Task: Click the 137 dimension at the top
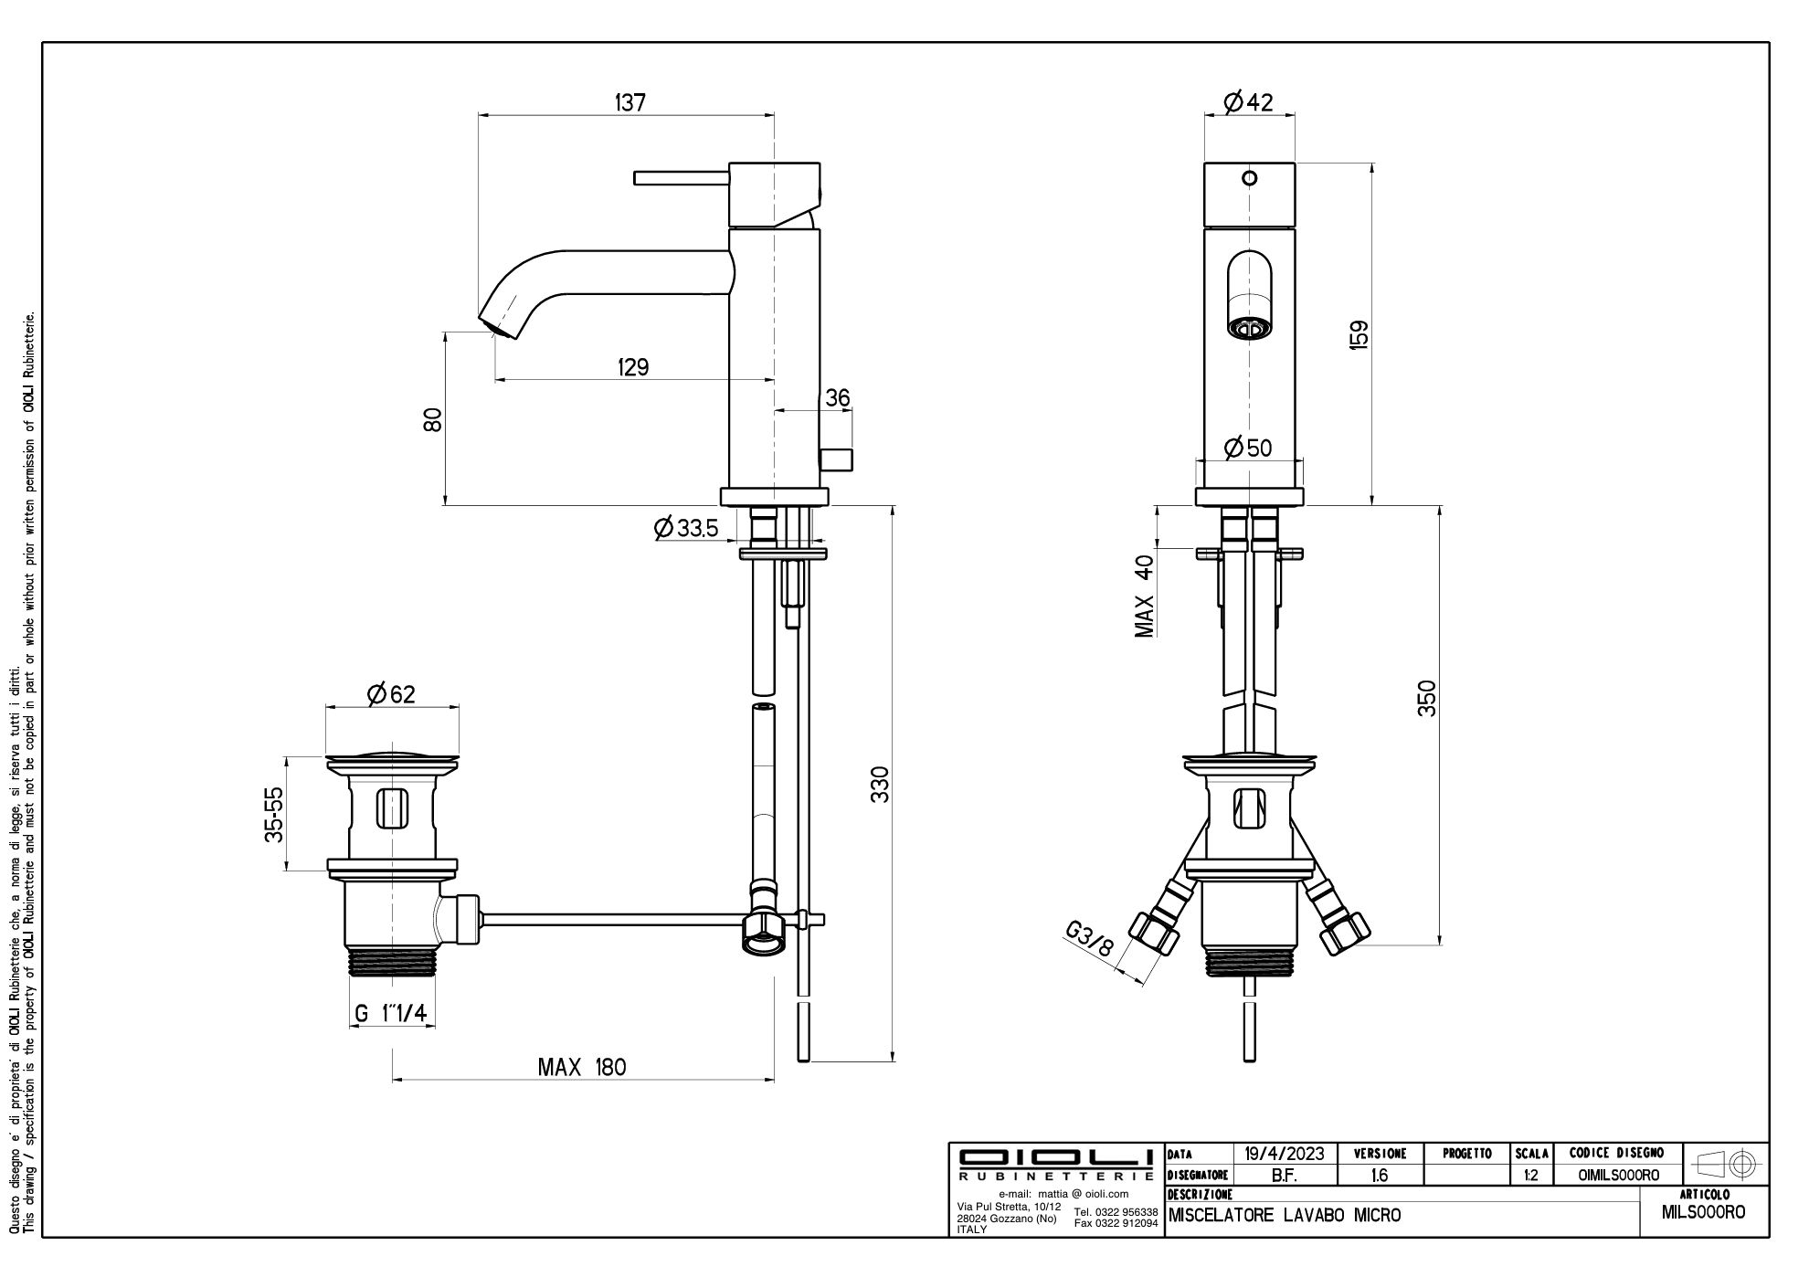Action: pos(629,102)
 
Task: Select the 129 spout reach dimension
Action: pos(632,367)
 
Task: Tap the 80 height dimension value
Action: pos(432,419)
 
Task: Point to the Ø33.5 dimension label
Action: pos(686,528)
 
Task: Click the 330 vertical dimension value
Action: pos(879,785)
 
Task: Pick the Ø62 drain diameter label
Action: pos(391,694)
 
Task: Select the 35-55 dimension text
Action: pos(274,814)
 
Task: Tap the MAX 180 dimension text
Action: pos(582,1067)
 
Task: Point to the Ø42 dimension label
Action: pos(1249,102)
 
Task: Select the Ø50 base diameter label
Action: pos(1248,448)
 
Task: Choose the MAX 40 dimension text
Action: pos(1145,596)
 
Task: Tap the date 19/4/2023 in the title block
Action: pos(1285,1154)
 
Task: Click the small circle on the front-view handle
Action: pos(1251,178)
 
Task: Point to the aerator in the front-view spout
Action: pos(1249,327)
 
